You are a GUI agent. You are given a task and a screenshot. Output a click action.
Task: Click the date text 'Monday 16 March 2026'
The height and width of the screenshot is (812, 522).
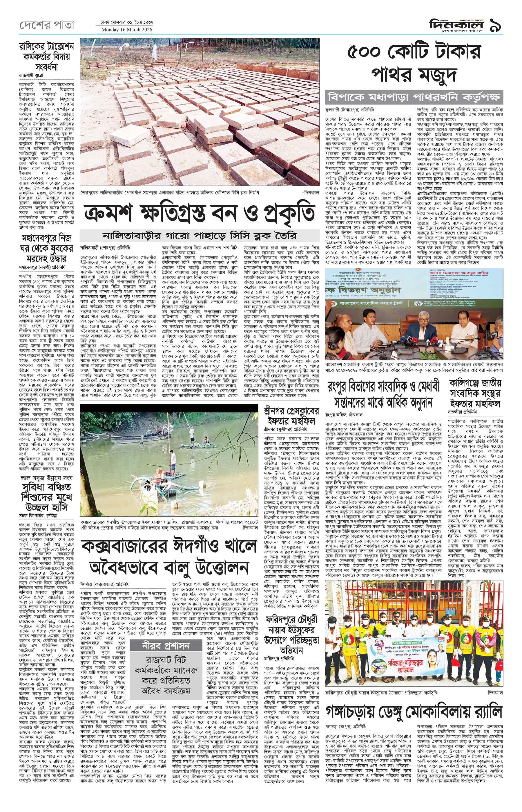tap(125, 30)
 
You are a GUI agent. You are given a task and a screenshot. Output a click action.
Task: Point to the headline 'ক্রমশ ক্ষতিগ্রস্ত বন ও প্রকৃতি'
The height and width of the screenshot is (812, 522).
tap(200, 213)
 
